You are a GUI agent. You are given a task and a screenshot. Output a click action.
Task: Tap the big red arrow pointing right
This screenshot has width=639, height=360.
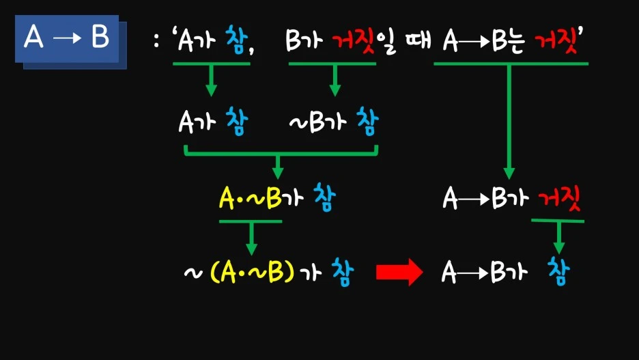pyautogui.click(x=399, y=273)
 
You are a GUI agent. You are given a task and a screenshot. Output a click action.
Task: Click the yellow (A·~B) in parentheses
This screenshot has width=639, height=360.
pyautogui.click(x=253, y=273)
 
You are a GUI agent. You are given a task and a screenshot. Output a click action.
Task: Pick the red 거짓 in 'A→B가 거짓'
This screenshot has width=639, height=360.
pyautogui.click(x=558, y=199)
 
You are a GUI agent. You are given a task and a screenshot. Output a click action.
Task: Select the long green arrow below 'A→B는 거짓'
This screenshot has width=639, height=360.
pyautogui.click(x=509, y=123)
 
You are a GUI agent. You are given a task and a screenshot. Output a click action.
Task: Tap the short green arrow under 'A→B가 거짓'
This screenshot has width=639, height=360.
pyautogui.click(x=559, y=237)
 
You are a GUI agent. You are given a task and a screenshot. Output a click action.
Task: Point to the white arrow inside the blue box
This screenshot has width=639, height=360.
pyautogui.click(x=67, y=39)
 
